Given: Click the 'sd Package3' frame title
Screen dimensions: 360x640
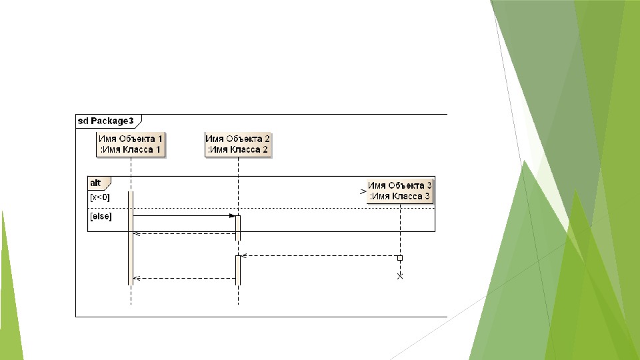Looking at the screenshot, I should tap(106, 121).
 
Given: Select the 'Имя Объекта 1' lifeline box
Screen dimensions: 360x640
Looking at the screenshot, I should tap(131, 144).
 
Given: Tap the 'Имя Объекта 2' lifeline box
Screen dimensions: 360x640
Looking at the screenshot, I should tap(238, 144).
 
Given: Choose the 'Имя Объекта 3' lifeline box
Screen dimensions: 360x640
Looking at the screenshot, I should tap(400, 191).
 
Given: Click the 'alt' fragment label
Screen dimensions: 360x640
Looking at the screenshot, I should tap(97, 182).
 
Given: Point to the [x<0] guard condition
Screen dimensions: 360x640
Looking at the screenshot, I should tap(99, 197).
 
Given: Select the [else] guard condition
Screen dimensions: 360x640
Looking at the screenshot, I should tap(101, 216).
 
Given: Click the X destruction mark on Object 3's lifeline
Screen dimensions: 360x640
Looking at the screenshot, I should tap(400, 276).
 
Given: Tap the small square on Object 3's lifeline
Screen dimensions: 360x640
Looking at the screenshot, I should tap(400, 257).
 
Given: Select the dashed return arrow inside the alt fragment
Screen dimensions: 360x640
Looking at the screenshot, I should tap(184, 233).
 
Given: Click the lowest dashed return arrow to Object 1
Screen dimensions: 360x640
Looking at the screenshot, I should tap(184, 278).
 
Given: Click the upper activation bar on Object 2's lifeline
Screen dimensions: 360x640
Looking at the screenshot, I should tap(238, 227).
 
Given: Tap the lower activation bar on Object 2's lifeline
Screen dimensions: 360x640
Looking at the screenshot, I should tap(238, 269).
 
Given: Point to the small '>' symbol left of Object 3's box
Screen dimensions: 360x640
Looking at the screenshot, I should tap(363, 191).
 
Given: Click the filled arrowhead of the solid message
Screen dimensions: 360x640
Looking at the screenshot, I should tap(233, 216).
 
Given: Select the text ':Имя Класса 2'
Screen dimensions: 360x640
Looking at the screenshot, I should tap(238, 150).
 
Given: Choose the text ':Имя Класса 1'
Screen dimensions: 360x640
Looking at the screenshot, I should tap(130, 150).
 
